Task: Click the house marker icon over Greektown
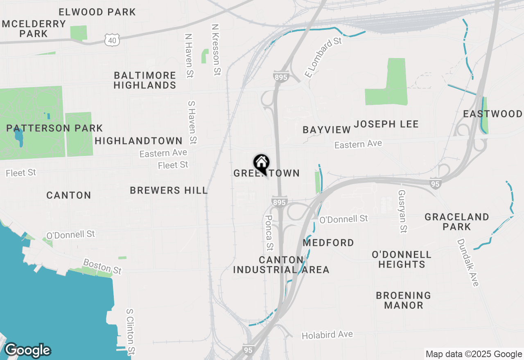261,163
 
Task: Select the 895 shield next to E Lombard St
281,76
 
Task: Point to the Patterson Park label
54,128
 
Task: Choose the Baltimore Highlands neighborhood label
145,80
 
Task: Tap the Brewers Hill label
169,190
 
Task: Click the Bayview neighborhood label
327,130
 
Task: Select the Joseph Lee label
386,124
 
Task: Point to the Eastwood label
493,114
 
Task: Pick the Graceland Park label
457,221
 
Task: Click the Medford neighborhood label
328,243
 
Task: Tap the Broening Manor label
403,300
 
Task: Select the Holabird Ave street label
327,335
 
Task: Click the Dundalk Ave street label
468,263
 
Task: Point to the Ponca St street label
269,233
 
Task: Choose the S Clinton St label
131,331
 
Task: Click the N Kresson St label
216,49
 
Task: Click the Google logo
27,350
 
